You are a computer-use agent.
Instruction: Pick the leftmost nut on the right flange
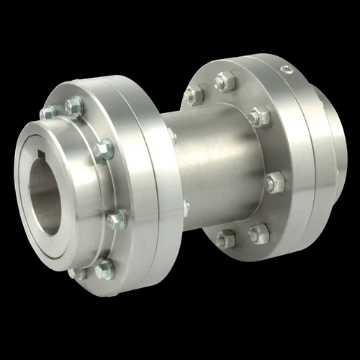tap(193, 94)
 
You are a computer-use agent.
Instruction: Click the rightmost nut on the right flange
tap(274, 183)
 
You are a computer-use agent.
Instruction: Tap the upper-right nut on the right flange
tap(260, 117)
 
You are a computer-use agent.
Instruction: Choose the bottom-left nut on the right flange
tap(226, 238)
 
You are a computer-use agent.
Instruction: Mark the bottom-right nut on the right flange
tap(258, 233)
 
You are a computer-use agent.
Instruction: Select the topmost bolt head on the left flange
tap(73, 107)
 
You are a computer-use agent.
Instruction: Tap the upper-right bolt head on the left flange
tap(104, 149)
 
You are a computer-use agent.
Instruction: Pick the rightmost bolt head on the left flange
tap(116, 219)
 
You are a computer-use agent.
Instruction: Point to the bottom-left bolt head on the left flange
tap(77, 273)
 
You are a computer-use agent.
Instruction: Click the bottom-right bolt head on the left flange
tap(104, 269)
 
